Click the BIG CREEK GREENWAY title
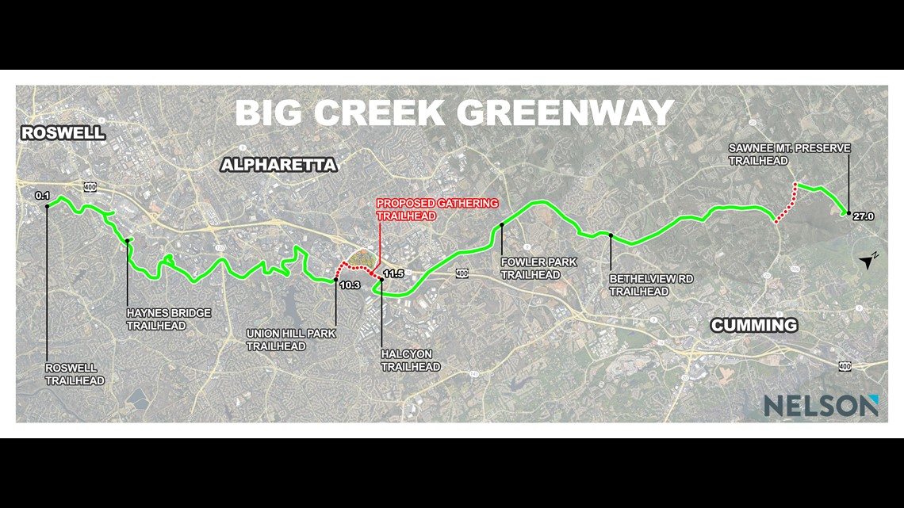tap(454, 113)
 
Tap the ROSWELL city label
tap(63, 133)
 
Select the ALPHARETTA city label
tap(278, 165)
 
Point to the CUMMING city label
tap(753, 325)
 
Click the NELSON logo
tap(821, 406)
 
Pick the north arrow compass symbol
tap(870, 262)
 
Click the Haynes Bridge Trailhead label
tap(168, 319)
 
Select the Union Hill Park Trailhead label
tap(290, 340)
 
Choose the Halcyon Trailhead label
tap(410, 361)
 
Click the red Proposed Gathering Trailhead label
tap(437, 209)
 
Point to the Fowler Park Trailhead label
tap(538, 268)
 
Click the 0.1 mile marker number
tap(43, 195)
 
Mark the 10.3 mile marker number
tap(349, 285)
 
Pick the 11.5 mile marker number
tap(393, 274)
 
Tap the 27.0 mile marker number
tap(863, 215)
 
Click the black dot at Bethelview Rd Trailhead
tap(611, 235)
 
